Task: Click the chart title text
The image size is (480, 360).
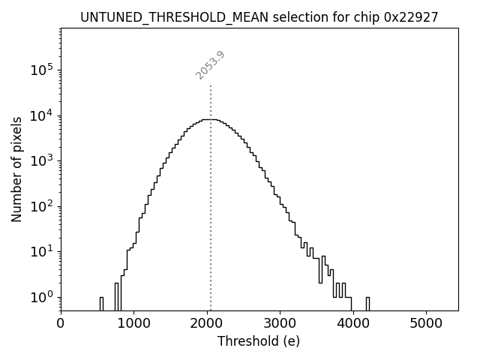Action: click(259, 17)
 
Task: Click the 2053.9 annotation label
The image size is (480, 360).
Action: click(210, 65)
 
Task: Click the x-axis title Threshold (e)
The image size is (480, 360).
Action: click(259, 341)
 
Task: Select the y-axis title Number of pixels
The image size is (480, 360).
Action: click(16, 169)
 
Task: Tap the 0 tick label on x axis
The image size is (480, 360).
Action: click(61, 324)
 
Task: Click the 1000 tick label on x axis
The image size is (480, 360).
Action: click(133, 324)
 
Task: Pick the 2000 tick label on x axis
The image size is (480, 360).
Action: click(207, 324)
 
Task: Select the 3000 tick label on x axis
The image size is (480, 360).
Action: click(280, 324)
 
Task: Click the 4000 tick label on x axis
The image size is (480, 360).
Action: click(353, 324)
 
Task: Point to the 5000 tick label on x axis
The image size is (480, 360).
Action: click(426, 324)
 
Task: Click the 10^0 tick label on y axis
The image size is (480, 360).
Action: click(41, 297)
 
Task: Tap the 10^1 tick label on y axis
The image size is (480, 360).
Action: click(41, 251)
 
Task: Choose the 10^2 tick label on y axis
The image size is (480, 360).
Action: click(41, 206)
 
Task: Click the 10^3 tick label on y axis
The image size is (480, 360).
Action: click(41, 160)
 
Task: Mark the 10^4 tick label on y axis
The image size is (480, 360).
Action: click(41, 115)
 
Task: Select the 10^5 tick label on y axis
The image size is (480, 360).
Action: click(41, 70)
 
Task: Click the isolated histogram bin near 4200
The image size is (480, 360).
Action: click(367, 303)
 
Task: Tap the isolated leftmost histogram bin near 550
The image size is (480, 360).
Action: click(101, 303)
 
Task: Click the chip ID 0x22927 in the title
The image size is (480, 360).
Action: click(411, 17)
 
